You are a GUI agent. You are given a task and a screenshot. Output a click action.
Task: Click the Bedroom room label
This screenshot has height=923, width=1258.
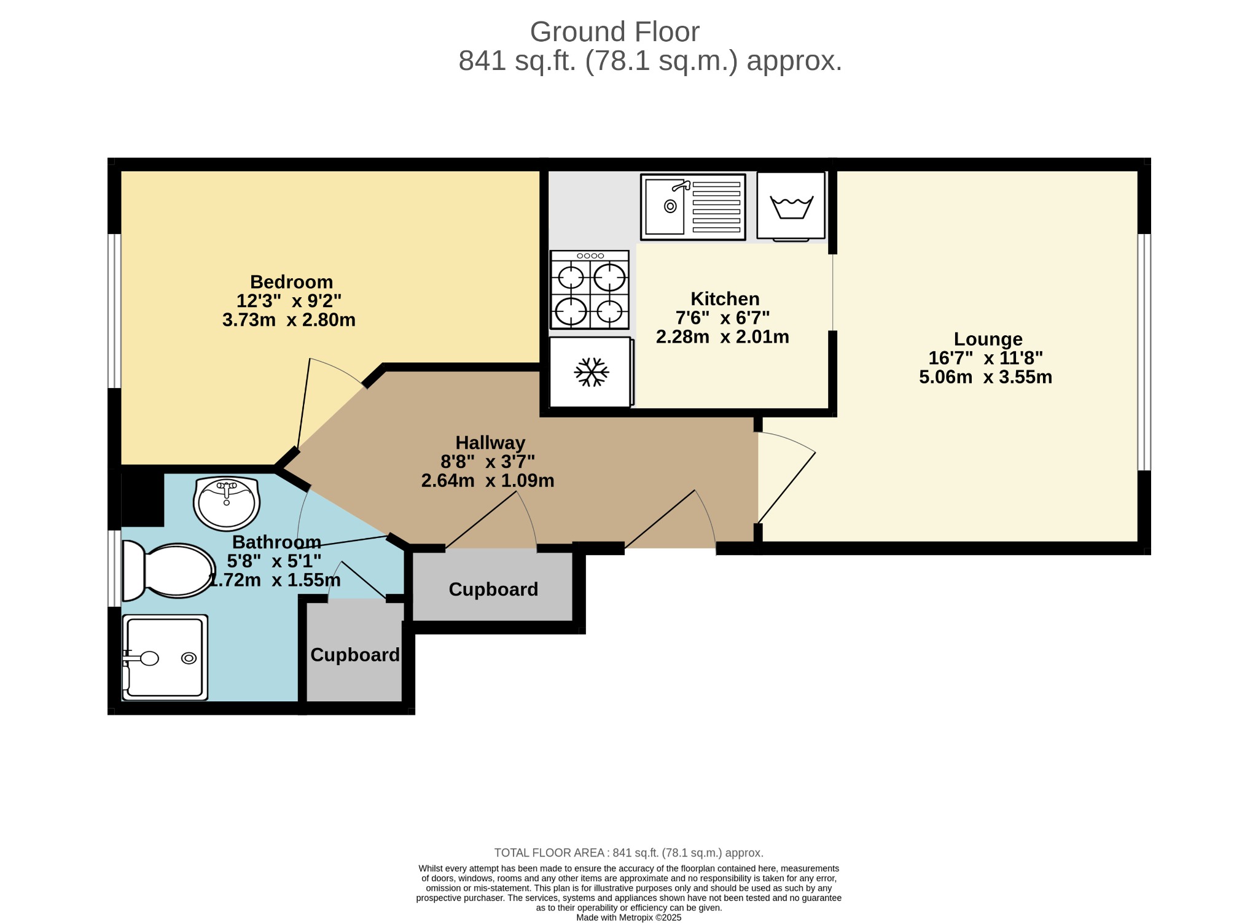(291, 282)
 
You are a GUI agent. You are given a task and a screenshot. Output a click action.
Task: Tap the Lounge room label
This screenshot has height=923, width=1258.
(988, 339)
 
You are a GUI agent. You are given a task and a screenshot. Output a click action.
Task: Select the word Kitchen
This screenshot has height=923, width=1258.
(725, 299)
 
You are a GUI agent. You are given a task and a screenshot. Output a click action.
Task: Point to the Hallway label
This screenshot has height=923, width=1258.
(490, 443)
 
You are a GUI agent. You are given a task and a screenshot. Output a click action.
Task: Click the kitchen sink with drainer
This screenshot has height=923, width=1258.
(693, 207)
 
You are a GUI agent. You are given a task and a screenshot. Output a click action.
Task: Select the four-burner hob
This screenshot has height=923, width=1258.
(590, 290)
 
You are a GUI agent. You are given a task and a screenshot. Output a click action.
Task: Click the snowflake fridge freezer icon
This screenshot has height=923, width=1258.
(591, 372)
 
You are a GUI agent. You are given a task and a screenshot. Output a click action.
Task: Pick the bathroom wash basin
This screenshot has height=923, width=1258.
(227, 503)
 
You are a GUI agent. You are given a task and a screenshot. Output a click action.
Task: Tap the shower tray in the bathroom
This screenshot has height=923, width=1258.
(165, 658)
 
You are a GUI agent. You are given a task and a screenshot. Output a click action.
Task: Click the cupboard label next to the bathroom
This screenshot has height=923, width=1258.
(355, 655)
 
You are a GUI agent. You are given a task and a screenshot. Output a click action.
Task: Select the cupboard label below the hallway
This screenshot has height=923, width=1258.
(493, 590)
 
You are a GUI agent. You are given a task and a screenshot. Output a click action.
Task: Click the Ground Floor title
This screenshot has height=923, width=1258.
(614, 32)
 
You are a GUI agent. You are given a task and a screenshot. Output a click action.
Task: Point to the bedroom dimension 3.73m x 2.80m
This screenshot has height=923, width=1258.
(289, 320)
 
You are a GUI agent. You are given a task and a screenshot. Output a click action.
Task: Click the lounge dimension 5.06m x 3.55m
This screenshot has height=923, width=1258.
(985, 377)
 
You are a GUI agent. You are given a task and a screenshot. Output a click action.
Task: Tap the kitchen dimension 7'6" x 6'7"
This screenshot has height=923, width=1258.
(722, 318)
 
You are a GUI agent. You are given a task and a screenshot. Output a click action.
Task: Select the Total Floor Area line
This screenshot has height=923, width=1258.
(629, 853)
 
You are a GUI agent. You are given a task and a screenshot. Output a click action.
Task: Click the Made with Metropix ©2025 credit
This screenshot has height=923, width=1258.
(629, 918)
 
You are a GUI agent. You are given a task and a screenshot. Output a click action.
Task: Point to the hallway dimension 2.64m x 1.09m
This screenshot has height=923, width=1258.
(488, 481)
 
